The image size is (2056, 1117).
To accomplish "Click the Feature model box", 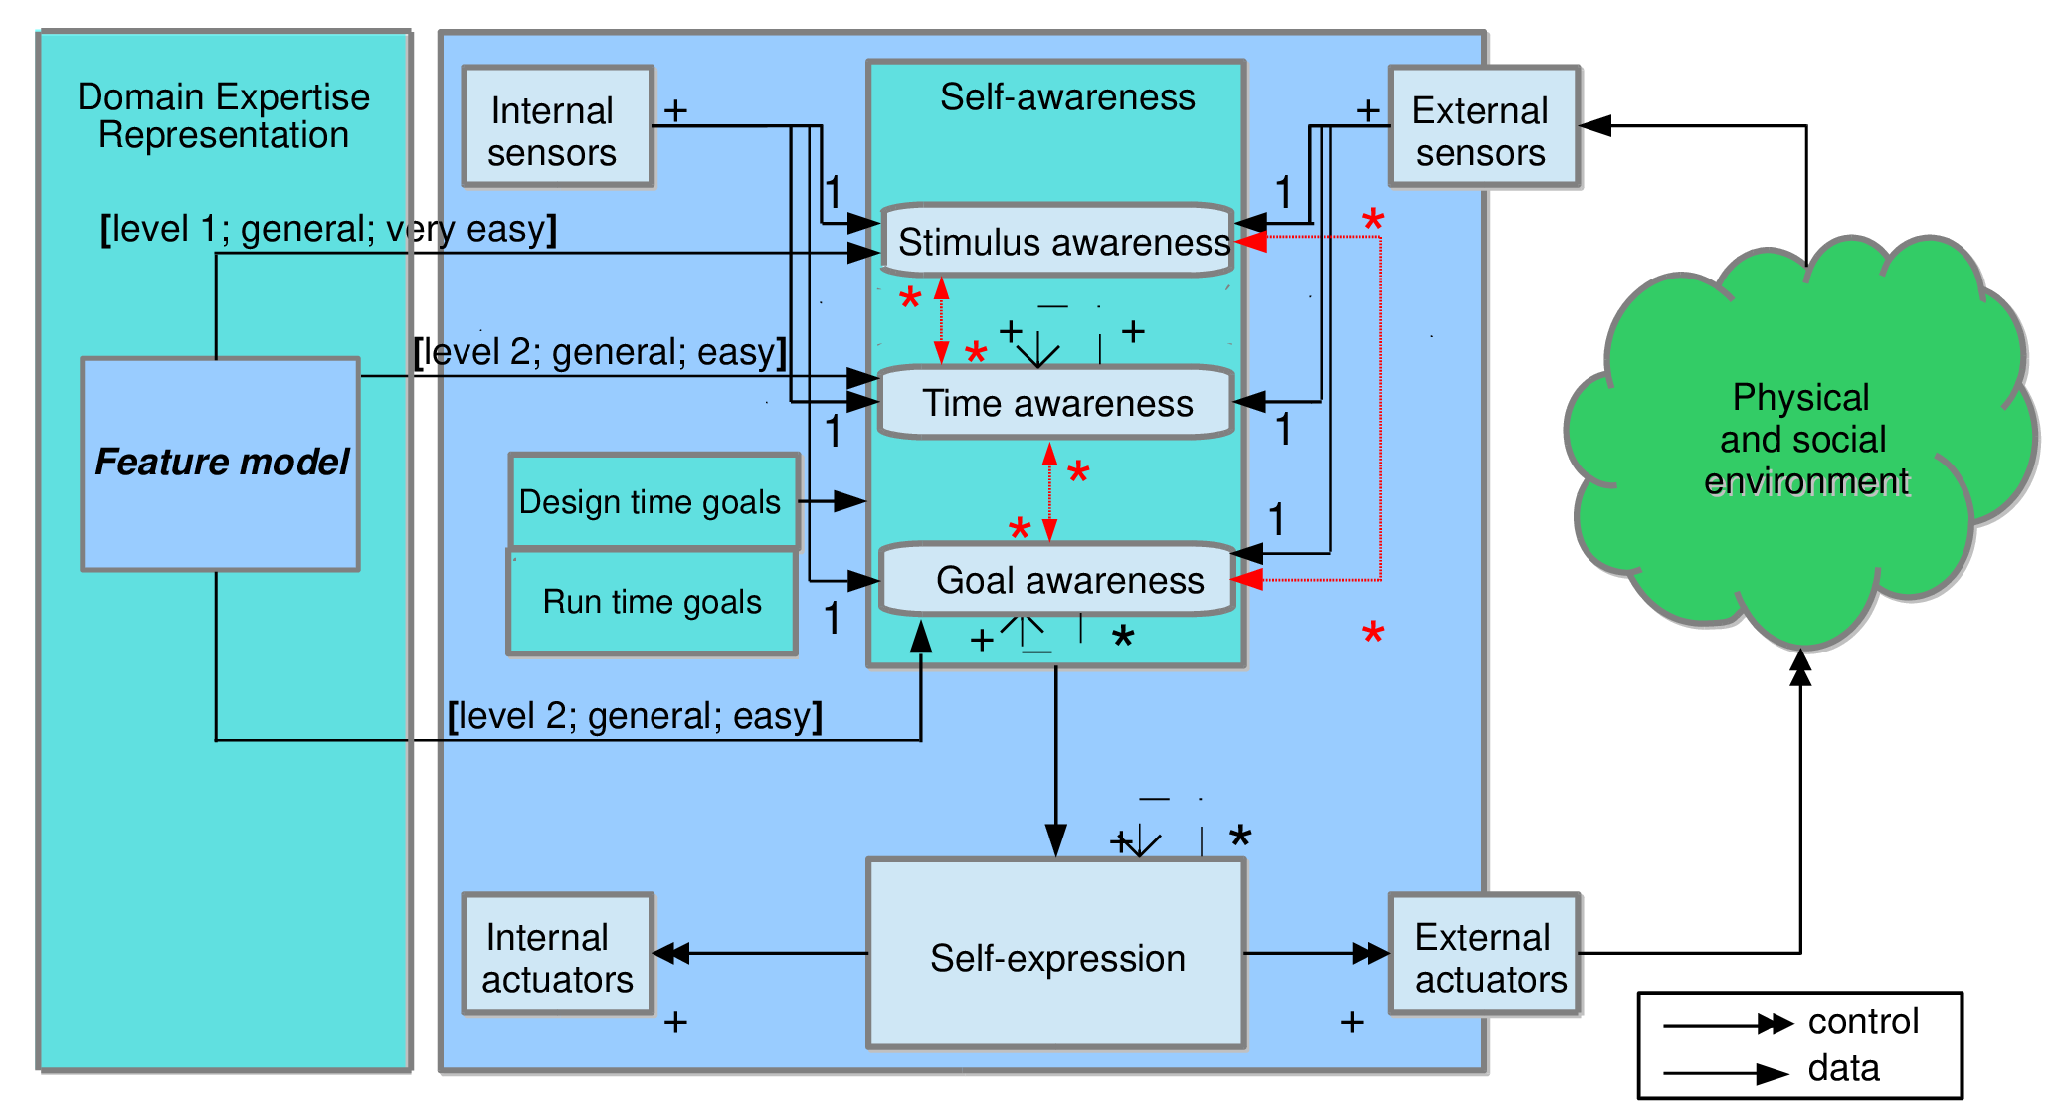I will pyautogui.click(x=220, y=464).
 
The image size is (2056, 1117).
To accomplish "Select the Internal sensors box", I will pyautogui.click(x=557, y=127).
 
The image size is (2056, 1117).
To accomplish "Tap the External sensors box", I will pyautogui.click(x=1482, y=127).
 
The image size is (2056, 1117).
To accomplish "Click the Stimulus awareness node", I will pyautogui.click(x=1057, y=242).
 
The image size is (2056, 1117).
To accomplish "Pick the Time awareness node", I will pyautogui.click(x=1056, y=403).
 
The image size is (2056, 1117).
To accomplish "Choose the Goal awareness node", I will pyautogui.click(x=1056, y=580).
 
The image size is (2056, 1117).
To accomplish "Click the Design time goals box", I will pyautogui.click(x=652, y=501).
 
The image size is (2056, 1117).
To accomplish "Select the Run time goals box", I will pyautogui.click(x=652, y=602).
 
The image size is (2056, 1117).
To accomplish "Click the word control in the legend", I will pyautogui.click(x=1862, y=1022).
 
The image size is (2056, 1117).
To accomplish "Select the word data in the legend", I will pyautogui.click(x=1843, y=1068).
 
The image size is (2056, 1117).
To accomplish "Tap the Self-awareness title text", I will pyautogui.click(x=1066, y=97).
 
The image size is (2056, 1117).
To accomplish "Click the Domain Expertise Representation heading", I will pyautogui.click(x=224, y=115).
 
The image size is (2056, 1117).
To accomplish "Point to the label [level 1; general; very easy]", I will pyautogui.click(x=328, y=229).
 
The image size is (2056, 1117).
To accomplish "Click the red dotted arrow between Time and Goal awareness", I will pyautogui.click(x=1049, y=492).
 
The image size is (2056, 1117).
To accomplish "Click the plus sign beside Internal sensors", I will pyautogui.click(x=675, y=110).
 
